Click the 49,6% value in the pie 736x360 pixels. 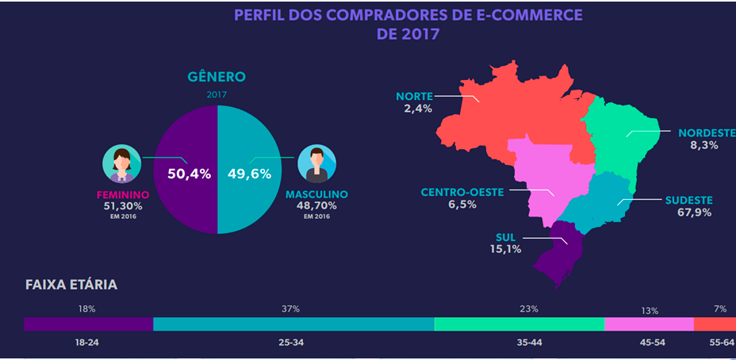pos(250,174)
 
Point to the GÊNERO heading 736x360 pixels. pos(217,77)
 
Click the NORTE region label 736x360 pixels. pos(414,97)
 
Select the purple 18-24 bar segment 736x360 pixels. pos(87,324)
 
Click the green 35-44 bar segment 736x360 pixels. pos(519,324)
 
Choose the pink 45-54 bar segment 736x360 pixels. pos(649,324)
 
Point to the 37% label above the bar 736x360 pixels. pos(291,309)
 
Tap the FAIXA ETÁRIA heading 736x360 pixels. pos(71,285)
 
